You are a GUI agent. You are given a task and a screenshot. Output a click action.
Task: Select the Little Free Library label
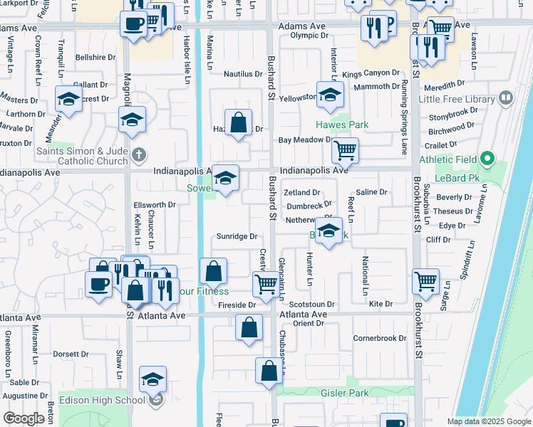coord(457,99)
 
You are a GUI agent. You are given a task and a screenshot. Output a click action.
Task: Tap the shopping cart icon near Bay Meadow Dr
coord(345,150)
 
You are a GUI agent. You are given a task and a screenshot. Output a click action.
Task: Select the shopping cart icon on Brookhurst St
coord(425,280)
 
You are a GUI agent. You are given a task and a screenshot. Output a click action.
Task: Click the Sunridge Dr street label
coord(237,236)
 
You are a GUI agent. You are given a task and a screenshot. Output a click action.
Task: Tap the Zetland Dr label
coord(302,192)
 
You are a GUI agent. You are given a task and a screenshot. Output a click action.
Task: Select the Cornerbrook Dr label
coord(379,337)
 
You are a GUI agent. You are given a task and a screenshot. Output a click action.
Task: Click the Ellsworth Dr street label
coord(155,205)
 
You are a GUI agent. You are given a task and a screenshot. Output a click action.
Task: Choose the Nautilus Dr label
coord(243,73)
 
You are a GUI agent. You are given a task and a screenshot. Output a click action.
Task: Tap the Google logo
coord(24,418)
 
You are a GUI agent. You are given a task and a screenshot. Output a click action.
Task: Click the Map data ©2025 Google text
coord(488,421)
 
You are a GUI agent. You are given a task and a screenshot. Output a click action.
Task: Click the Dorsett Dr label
coord(70,354)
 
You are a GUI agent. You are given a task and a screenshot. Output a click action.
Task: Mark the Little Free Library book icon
coord(506,97)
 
